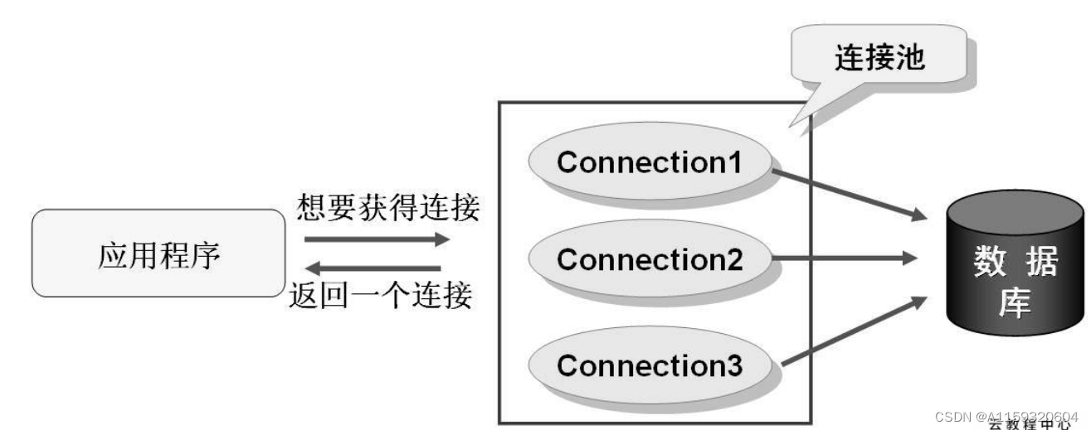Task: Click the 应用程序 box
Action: [157, 254]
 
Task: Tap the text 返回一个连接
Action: [381, 296]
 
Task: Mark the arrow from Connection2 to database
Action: [846, 259]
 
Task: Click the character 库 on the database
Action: [1015, 304]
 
